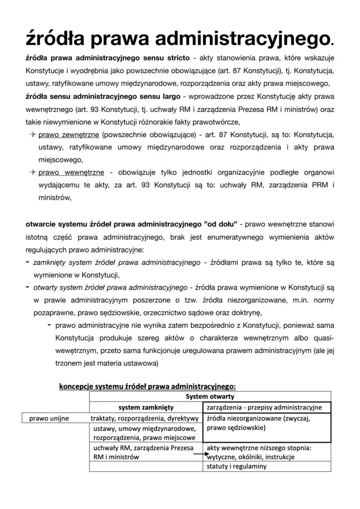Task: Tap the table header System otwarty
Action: (x=210, y=396)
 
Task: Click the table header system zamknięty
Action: (x=146, y=407)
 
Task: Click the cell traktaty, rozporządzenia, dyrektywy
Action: (x=144, y=418)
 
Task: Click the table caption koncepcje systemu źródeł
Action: (x=147, y=386)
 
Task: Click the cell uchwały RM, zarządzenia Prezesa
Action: (x=143, y=452)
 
